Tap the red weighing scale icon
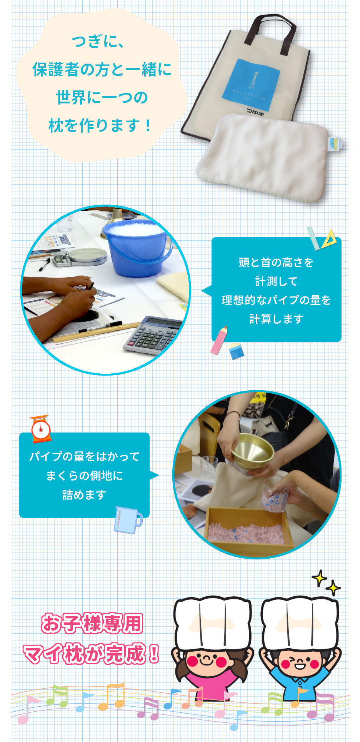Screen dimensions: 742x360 pos(41,428)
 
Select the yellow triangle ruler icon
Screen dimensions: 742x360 pos(329,239)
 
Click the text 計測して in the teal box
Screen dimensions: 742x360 pos(276,281)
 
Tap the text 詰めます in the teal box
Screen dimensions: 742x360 pos(84,494)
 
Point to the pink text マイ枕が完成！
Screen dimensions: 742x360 pos(91,654)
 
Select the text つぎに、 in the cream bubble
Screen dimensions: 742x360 pos(98,41)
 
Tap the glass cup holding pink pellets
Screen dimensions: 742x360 pos(274,496)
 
